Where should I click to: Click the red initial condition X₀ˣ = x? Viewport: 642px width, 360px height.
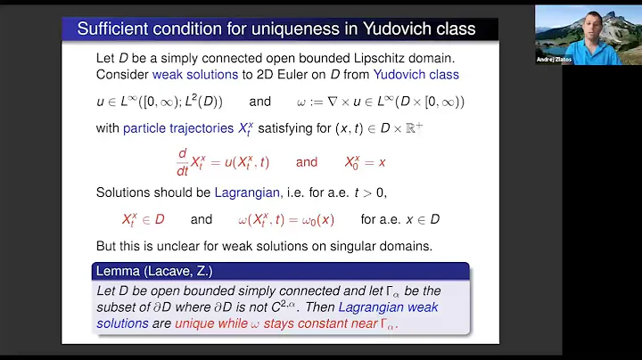pyautogui.click(x=374, y=163)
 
